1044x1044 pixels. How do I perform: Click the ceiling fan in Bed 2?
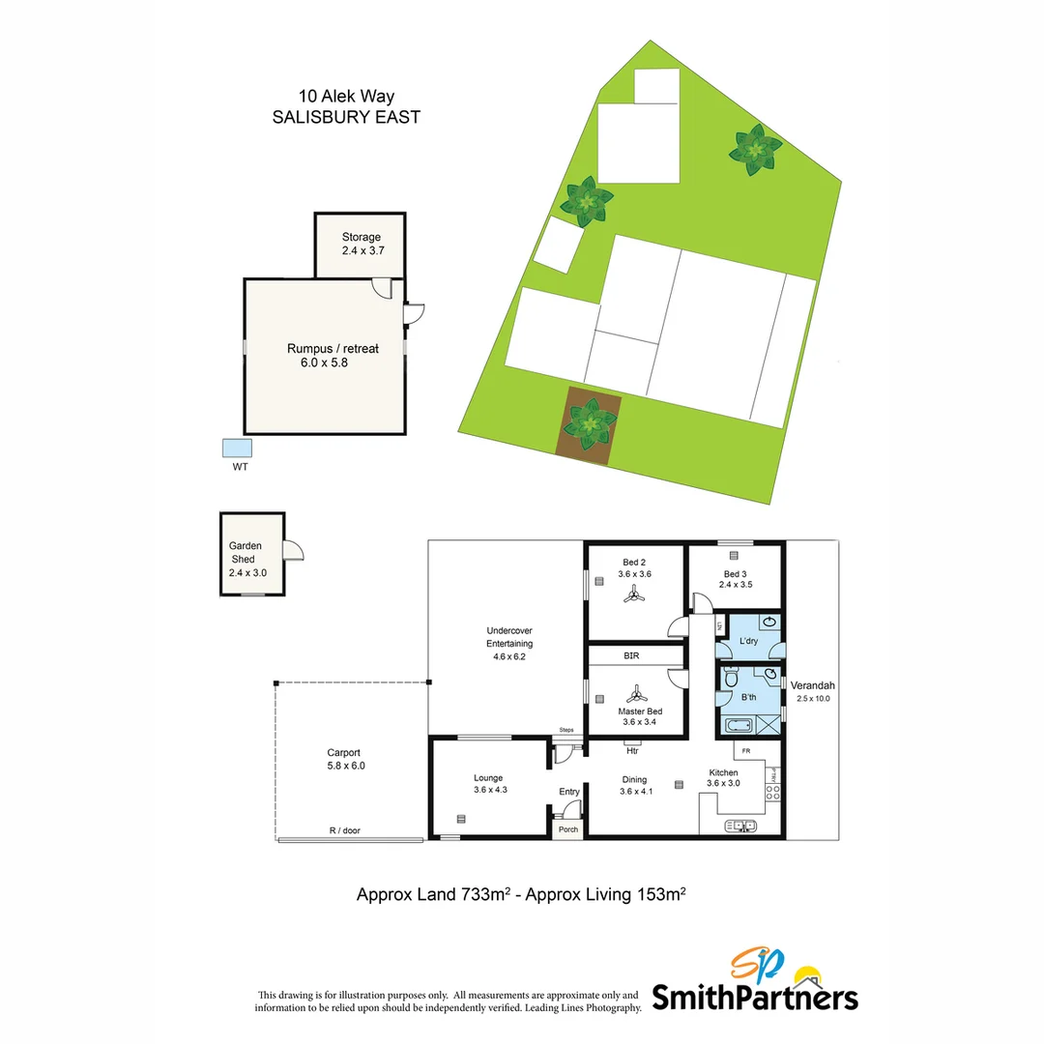(634, 598)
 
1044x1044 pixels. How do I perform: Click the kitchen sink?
(742, 825)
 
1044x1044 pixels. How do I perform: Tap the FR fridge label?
(746, 750)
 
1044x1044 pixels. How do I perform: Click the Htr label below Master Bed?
(632, 750)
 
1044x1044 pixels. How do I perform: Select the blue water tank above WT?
(237, 448)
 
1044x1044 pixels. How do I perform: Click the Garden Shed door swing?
(293, 549)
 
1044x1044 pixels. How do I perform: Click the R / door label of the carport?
(344, 830)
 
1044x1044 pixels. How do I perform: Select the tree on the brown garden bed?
(589, 422)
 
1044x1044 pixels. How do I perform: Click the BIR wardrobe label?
(631, 655)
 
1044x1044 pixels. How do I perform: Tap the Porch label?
(568, 828)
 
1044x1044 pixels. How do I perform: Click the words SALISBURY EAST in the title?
(346, 116)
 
